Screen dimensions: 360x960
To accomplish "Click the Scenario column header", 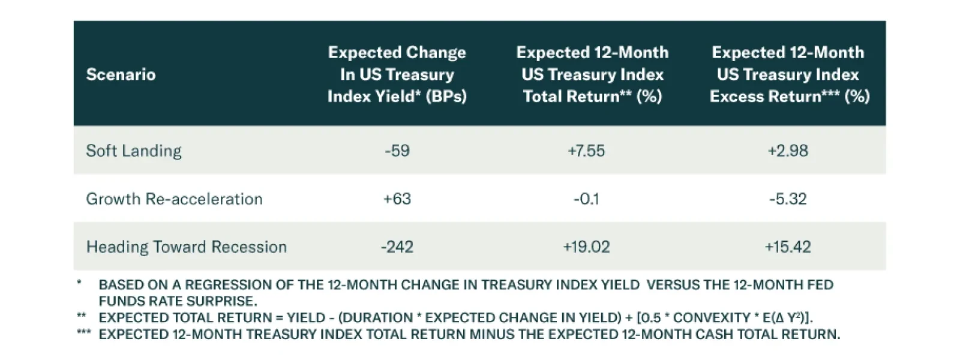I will [x=121, y=74].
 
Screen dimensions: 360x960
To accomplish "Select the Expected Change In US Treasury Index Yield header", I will [x=397, y=74].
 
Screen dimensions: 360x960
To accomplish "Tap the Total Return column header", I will [x=592, y=74].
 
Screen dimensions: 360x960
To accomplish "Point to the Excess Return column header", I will [x=789, y=74].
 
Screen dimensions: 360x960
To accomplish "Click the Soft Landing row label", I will [x=134, y=151].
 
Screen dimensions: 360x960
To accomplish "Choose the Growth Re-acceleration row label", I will [x=174, y=199].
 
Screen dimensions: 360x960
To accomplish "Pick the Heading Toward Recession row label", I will [x=186, y=247].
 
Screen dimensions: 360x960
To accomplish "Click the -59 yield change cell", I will [x=397, y=151].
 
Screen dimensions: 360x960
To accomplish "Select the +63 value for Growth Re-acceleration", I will [x=397, y=199].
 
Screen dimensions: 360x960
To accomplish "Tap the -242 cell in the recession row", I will [x=397, y=247].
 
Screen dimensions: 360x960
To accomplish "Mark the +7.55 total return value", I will [x=586, y=151].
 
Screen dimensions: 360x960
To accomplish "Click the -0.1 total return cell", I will [x=586, y=199].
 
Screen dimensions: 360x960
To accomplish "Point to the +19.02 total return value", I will [x=586, y=247].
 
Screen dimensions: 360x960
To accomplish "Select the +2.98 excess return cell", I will [x=788, y=151].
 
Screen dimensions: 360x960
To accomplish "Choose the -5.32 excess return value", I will [x=788, y=199].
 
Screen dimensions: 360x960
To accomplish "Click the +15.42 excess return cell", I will [x=788, y=247].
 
